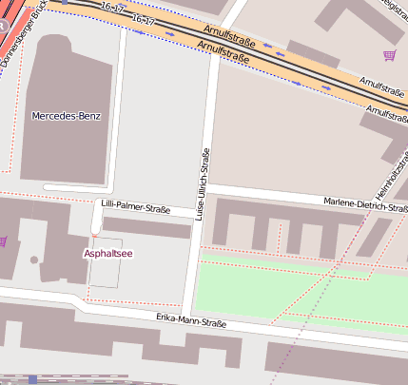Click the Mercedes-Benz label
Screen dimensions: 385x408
[66, 116]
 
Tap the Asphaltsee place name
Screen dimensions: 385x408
[109, 254]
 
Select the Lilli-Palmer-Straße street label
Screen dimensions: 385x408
[135, 205]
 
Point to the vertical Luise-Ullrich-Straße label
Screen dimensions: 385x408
[202, 185]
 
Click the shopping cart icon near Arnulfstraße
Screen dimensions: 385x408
[388, 55]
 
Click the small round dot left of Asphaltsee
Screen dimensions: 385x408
[34, 259]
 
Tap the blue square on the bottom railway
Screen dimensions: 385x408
[32, 378]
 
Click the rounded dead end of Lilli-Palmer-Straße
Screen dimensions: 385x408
[96, 229]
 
